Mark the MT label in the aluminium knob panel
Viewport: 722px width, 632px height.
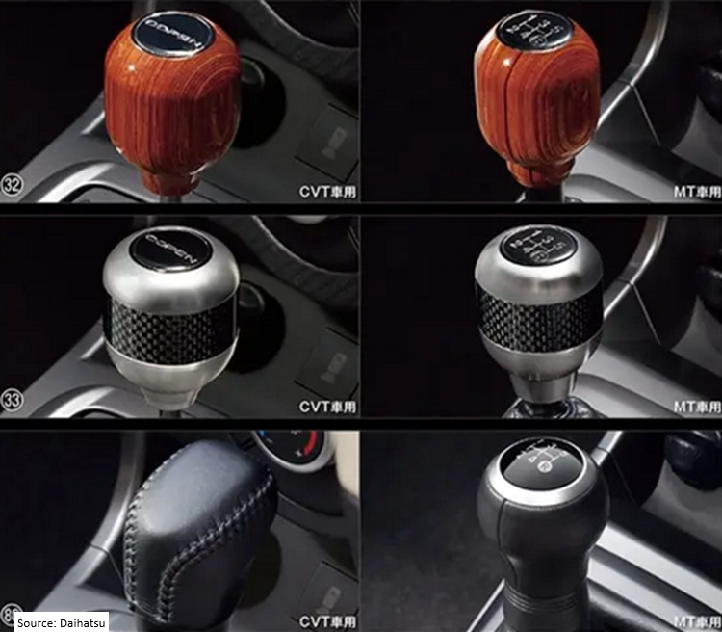pyautogui.click(x=696, y=407)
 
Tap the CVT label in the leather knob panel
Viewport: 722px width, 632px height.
pyautogui.click(x=329, y=621)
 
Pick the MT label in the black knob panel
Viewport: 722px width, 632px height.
pyautogui.click(x=696, y=621)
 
